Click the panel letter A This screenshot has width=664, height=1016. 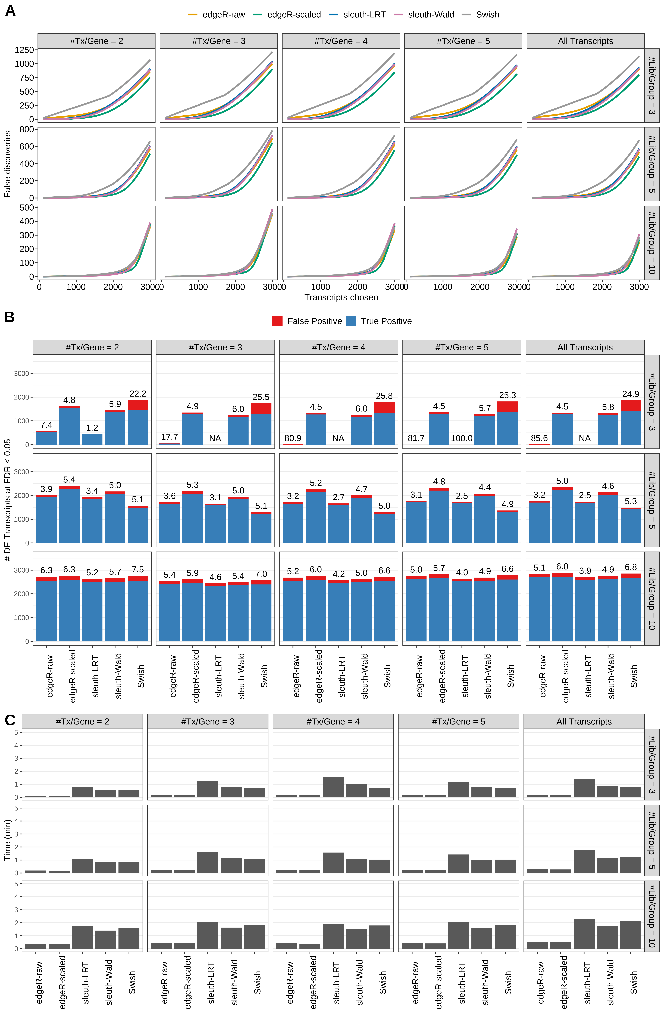10,11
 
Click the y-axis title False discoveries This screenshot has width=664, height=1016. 7,164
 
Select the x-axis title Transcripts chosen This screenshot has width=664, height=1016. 341,298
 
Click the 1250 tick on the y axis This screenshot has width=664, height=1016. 24,50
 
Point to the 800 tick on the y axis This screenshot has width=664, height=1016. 26,129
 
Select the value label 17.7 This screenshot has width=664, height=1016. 169,437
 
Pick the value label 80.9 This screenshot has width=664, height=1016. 293,438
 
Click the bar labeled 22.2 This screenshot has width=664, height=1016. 138,423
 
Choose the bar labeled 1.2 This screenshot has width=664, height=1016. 92,439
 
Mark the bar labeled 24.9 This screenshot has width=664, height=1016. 631,423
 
